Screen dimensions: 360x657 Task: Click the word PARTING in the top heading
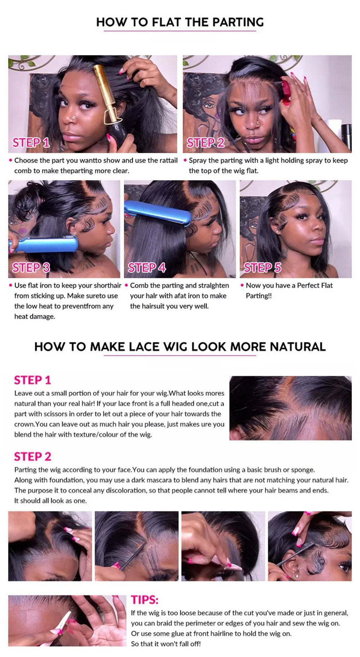238,22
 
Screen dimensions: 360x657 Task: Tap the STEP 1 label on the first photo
31,143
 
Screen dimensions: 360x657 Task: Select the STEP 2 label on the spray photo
206,143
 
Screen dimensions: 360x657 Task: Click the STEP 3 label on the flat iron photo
31,268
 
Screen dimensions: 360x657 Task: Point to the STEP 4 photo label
147,268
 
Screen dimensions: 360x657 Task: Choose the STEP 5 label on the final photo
263,268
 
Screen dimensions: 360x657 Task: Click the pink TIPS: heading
145,599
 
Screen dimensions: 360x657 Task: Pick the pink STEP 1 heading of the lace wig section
32,380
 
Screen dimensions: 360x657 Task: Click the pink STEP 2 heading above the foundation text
32,457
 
